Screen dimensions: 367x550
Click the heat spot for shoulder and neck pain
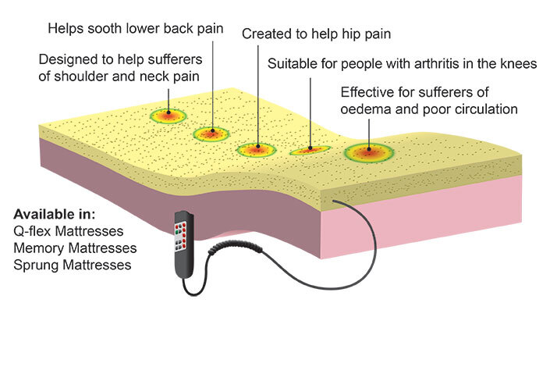[x=169, y=116]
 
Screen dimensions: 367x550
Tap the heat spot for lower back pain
[x=209, y=134]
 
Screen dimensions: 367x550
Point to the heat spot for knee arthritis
[x=310, y=148]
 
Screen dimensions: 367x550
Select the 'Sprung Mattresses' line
[x=73, y=265]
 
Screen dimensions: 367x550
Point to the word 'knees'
[x=518, y=64]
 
